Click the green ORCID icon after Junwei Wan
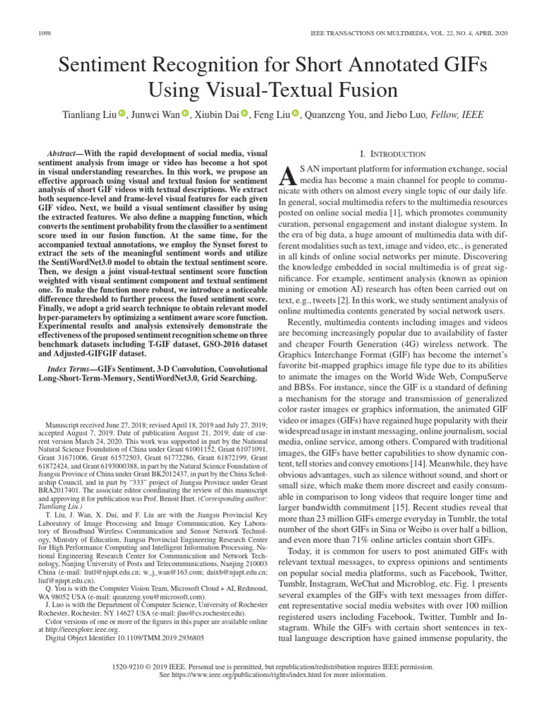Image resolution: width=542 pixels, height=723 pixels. (x=186, y=114)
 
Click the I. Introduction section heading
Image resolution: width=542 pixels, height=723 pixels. (x=393, y=154)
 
